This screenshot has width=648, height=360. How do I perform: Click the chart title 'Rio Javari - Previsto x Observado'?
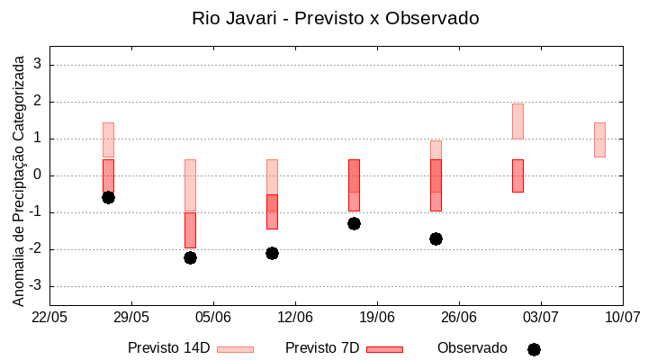tap(335, 18)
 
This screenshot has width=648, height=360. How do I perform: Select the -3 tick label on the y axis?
tap(36, 286)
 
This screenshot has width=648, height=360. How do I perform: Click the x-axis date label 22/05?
tap(49, 317)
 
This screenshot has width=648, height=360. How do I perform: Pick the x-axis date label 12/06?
tap(295, 317)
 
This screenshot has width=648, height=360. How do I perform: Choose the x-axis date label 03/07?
tap(541, 317)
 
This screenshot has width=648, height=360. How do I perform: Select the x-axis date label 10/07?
tap(622, 317)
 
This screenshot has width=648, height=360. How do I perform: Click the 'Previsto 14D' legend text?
tap(168, 348)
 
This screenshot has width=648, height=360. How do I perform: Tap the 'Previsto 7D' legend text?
tap(321, 348)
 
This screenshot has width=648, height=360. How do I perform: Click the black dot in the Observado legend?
tap(534, 349)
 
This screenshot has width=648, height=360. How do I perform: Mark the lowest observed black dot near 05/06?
tap(190, 257)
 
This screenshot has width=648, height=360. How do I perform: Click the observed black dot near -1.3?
tap(354, 223)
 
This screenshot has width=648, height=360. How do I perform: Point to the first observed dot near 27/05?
tap(108, 197)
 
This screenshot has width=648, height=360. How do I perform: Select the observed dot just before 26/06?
tap(436, 238)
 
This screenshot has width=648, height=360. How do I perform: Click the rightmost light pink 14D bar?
tap(599, 139)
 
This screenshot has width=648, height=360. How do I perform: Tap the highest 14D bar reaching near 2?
tap(517, 121)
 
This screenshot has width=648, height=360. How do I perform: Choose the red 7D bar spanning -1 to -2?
tap(190, 230)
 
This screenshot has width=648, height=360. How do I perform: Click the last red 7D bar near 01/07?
tap(517, 175)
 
